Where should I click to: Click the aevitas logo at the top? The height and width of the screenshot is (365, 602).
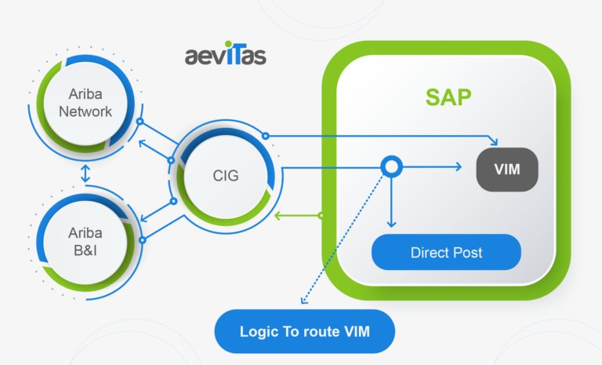[226, 57]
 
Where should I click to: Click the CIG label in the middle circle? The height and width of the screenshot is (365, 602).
[225, 176]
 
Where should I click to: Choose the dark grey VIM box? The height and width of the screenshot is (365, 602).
[507, 169]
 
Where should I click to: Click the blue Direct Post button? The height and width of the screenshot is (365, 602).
[446, 253]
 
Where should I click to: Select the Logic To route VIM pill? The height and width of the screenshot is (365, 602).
[304, 333]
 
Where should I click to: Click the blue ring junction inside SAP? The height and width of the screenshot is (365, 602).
[391, 166]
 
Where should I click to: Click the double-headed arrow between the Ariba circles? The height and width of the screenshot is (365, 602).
[85, 174]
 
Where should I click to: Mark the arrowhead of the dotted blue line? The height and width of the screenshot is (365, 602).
[301, 300]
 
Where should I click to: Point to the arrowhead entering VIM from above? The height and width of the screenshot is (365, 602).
[493, 142]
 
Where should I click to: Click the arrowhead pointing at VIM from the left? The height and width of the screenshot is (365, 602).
[456, 166]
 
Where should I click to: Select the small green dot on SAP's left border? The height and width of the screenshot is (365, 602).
[321, 214]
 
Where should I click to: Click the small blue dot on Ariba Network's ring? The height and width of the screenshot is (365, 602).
[140, 122]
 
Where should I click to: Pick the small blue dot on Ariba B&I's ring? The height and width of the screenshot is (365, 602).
[141, 239]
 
